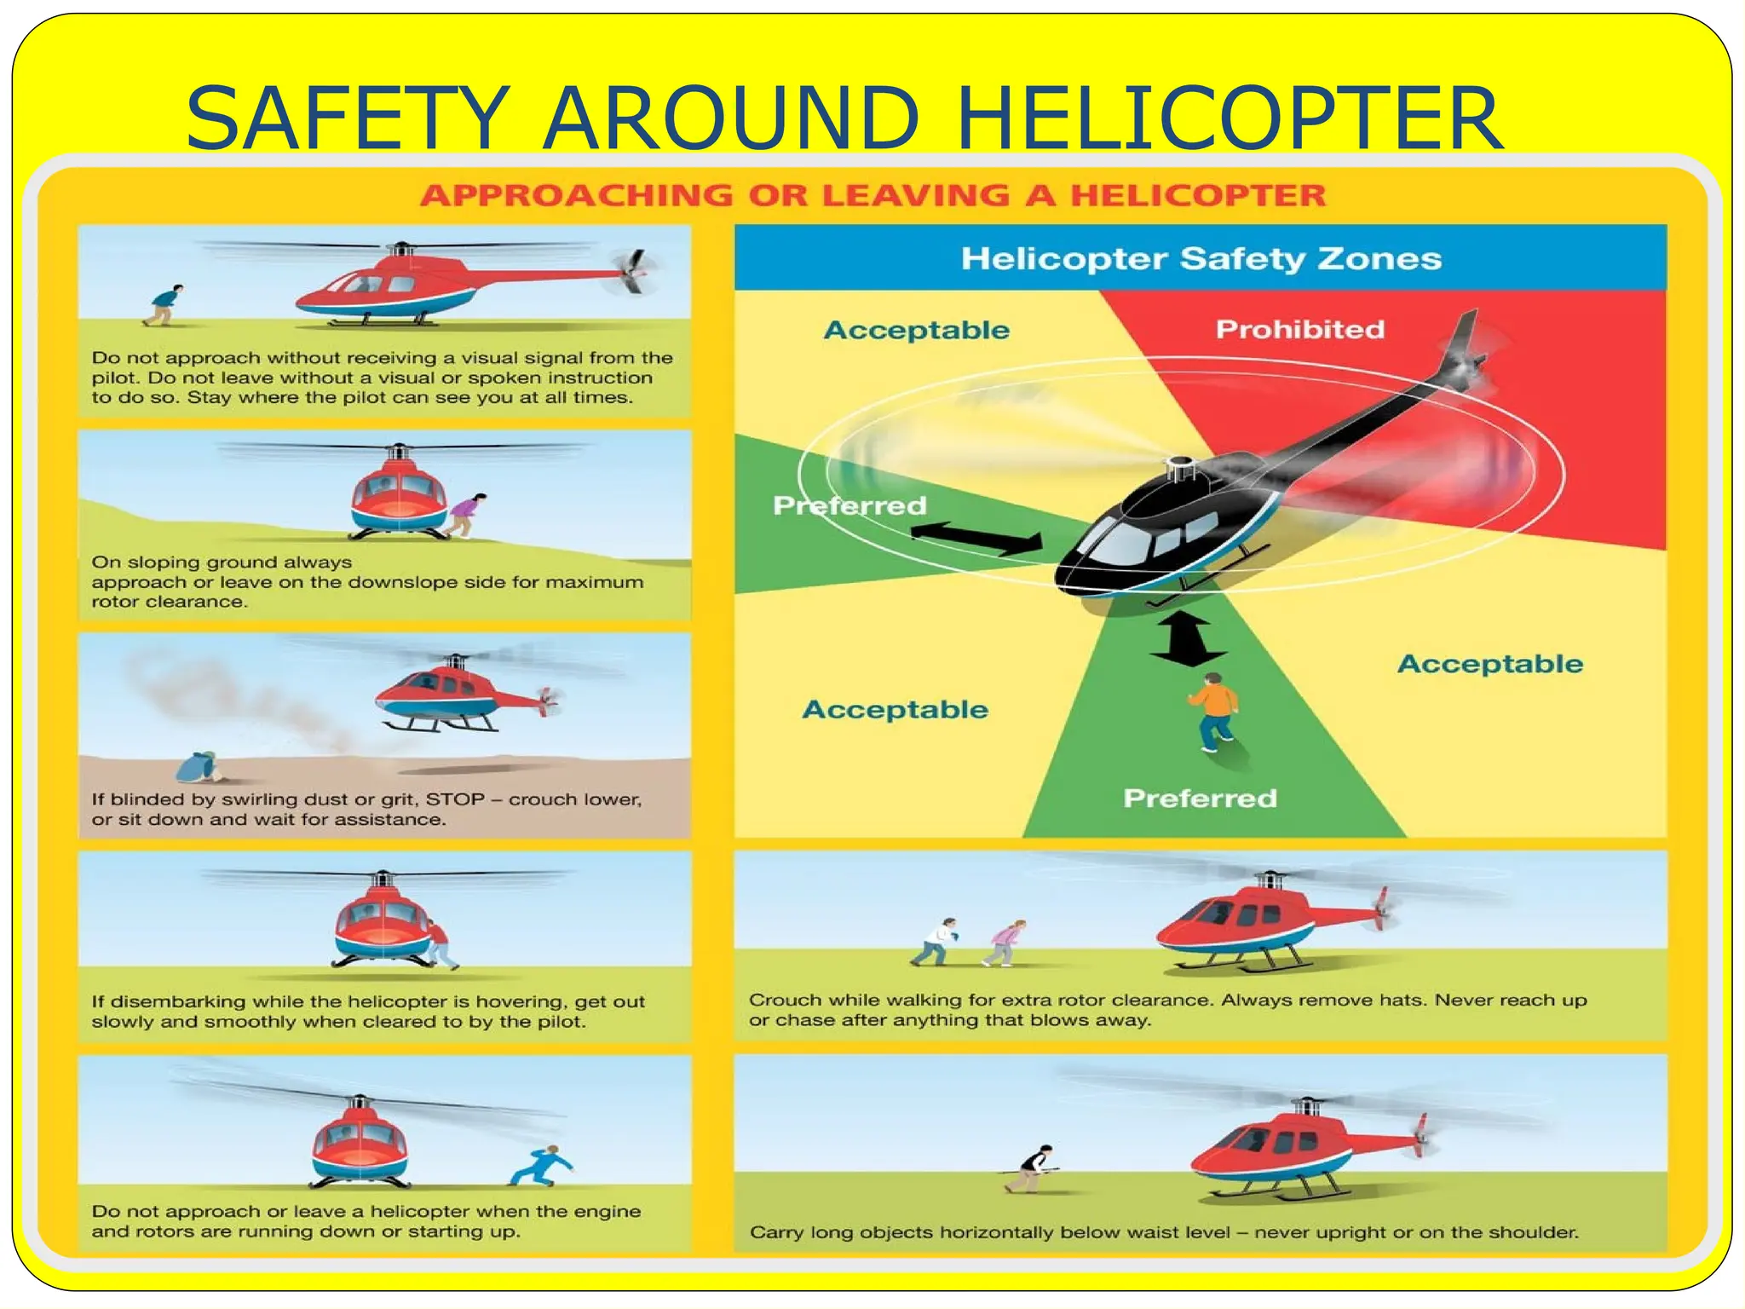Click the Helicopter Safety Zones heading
pos(1201,258)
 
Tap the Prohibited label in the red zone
pos(1299,329)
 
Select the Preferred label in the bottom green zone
pos(1200,798)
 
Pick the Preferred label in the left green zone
pos(849,505)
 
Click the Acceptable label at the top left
pos(916,330)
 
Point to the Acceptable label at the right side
pos(1489,664)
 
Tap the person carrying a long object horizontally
pos(1033,1168)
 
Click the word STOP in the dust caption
pos(454,799)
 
